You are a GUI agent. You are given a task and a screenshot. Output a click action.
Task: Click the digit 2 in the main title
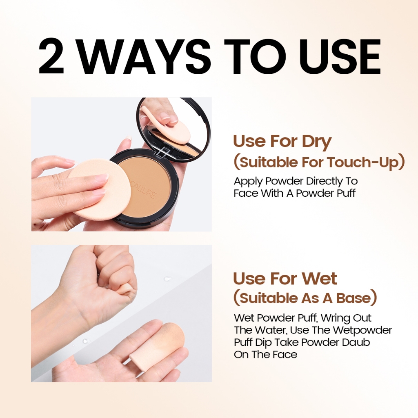click(x=51, y=56)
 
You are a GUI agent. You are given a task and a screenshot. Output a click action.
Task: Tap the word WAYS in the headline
click(x=145, y=56)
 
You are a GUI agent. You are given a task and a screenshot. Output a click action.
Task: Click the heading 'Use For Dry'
click(x=282, y=142)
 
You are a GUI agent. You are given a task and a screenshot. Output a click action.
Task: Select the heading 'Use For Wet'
click(x=285, y=278)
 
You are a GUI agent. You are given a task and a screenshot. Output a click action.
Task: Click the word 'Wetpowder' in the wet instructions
click(x=362, y=330)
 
